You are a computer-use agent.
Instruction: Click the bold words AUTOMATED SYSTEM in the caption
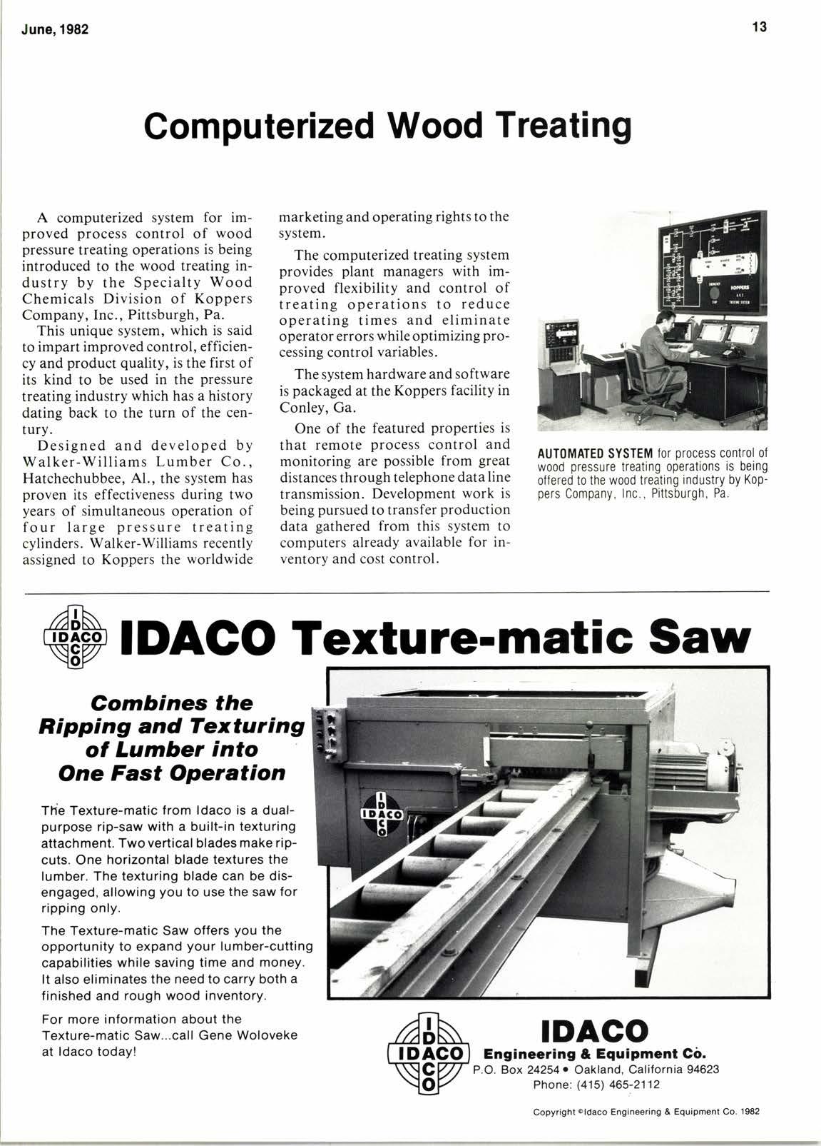(594, 453)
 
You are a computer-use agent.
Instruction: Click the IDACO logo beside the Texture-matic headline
(74, 635)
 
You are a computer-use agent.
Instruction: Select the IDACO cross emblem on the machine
(382, 813)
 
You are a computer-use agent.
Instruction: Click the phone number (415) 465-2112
(596, 1085)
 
